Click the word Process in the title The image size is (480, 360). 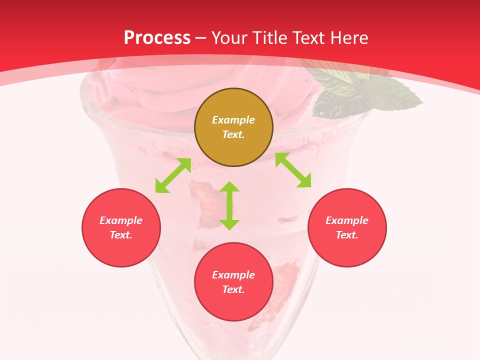[157, 38]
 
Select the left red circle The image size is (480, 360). [121, 227]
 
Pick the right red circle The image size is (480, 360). [347, 227]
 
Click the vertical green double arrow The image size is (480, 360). [229, 205]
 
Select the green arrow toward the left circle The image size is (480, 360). [173, 175]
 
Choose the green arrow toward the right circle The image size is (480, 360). [293, 170]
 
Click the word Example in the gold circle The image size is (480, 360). [233, 120]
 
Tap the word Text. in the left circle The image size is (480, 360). [121, 235]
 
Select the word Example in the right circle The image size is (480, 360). [347, 220]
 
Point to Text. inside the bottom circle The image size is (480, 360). [233, 289]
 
